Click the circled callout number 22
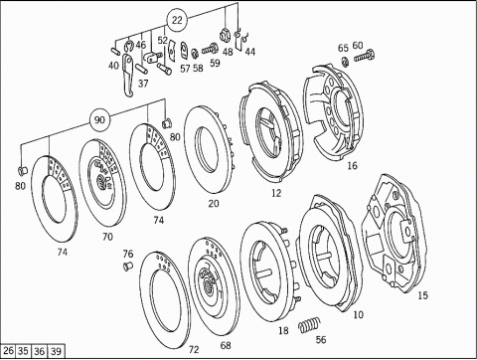click(177, 20)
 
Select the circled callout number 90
click(99, 119)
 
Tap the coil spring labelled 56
click(309, 324)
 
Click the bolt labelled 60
click(365, 56)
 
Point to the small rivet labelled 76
click(128, 266)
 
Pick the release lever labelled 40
click(128, 76)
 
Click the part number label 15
click(422, 295)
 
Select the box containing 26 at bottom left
click(8, 351)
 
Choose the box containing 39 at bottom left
click(56, 351)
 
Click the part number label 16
click(352, 165)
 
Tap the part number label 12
click(276, 193)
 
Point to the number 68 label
click(226, 345)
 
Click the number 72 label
click(194, 349)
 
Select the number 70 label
click(107, 237)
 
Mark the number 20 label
click(214, 203)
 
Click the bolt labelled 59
click(210, 50)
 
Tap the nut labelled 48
click(226, 35)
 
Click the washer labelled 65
click(345, 62)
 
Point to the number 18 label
click(283, 330)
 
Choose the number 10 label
click(359, 314)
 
